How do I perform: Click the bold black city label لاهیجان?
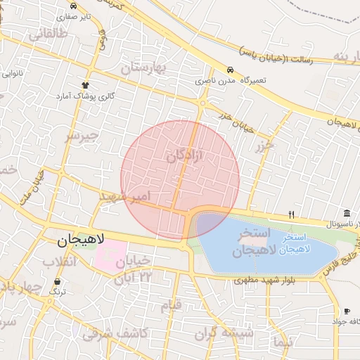point(80,240)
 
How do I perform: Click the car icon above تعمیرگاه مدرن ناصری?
point(230,70)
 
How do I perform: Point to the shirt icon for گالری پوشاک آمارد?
point(86,84)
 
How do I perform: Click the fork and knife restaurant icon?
point(292,214)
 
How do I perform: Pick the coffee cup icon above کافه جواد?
point(346,311)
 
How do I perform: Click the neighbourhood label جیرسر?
point(82,134)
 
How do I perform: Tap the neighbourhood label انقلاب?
point(58,262)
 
